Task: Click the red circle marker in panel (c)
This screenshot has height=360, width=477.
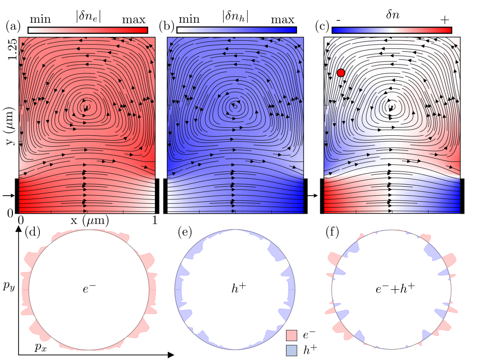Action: [x=341, y=73]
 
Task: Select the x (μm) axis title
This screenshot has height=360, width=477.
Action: [x=89, y=221]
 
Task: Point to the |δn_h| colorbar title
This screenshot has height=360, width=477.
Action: [x=236, y=15]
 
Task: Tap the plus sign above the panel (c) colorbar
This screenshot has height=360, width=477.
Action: [x=444, y=19]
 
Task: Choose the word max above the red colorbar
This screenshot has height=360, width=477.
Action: [x=134, y=20]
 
